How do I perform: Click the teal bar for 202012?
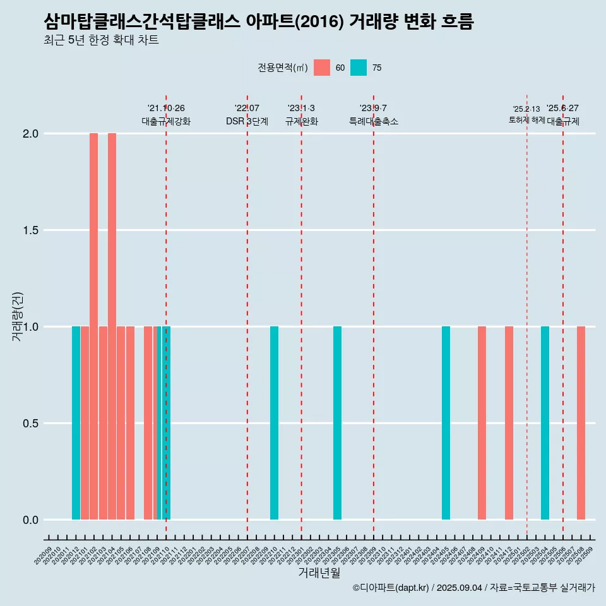coord(76,423)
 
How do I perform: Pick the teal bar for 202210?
coord(274,423)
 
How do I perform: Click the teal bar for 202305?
coord(337,423)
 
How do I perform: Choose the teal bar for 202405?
coord(446,423)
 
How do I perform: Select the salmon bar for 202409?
coord(482,423)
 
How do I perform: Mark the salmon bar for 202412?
coord(509,423)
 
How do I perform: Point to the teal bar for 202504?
coord(545,423)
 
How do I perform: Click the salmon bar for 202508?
coord(581,423)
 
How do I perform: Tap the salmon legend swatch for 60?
coord(322,68)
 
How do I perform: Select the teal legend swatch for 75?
coord(359,68)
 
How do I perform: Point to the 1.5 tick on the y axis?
coord(31,230)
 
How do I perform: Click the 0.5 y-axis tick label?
coord(31,424)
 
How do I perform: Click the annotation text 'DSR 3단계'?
coord(247,121)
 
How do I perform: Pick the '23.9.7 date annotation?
coord(373,108)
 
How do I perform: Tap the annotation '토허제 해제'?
coord(526,120)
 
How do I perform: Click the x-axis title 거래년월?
coord(319,573)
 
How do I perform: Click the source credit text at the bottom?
coord(473,588)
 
